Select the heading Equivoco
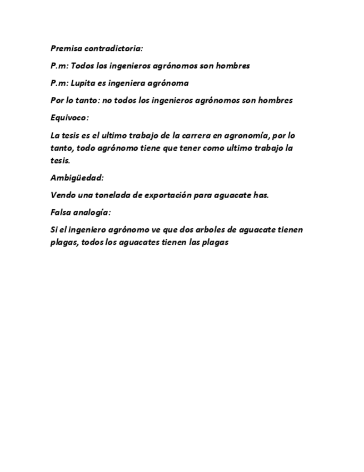point(69,117)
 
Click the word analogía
point(93,213)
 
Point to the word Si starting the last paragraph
point(54,230)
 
